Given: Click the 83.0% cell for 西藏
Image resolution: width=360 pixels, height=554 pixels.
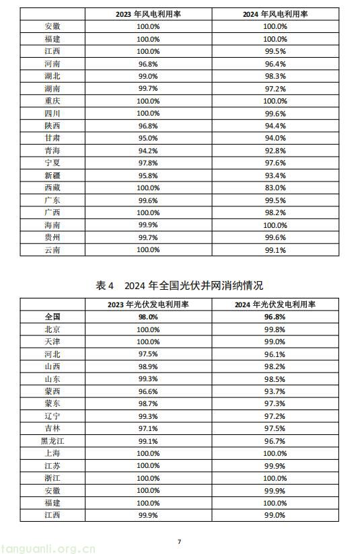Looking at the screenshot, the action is [275, 188].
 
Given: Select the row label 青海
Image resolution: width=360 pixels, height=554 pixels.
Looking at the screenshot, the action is [52, 151].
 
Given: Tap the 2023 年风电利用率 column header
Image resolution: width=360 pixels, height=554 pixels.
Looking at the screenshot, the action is [148, 14].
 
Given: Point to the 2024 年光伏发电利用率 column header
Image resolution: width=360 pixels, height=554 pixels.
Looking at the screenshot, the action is [275, 305].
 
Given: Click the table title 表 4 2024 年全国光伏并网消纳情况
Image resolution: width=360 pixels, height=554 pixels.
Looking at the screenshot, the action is [179, 286].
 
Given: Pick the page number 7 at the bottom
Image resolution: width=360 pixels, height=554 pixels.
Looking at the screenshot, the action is [179, 541].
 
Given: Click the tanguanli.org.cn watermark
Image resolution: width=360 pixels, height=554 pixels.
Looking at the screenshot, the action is [48, 548].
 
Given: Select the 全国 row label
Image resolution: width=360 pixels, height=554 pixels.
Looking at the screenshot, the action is [52, 317].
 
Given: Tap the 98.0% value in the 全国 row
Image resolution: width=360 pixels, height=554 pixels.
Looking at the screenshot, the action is [148, 317].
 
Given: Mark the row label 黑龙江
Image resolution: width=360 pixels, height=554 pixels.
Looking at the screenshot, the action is [52, 441].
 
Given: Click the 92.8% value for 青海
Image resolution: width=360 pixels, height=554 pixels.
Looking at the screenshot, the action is [275, 151].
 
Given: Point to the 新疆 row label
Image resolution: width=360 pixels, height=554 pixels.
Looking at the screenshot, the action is [52, 175].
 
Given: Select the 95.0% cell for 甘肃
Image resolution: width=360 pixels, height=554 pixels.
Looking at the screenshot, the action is [148, 138].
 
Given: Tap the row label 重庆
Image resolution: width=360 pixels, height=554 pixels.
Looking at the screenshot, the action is [52, 101].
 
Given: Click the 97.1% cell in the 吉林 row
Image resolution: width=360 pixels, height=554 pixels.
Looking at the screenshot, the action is [148, 428].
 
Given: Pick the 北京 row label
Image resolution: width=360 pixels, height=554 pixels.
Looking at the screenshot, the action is [52, 329].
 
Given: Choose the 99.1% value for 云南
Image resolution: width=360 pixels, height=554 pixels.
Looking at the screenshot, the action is [275, 250].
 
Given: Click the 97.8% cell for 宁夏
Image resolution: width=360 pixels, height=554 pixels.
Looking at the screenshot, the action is [148, 163].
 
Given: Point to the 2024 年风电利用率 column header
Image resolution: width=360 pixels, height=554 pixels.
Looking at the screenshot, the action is [275, 14].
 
